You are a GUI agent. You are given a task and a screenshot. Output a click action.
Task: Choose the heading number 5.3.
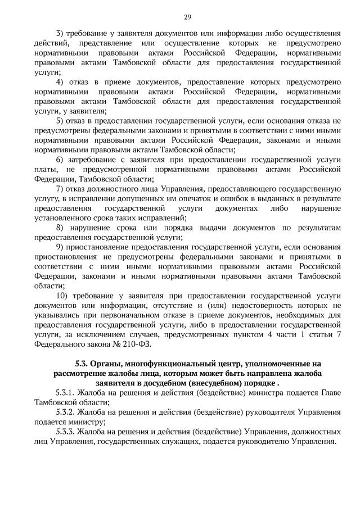pyautogui.click(x=83, y=363)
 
